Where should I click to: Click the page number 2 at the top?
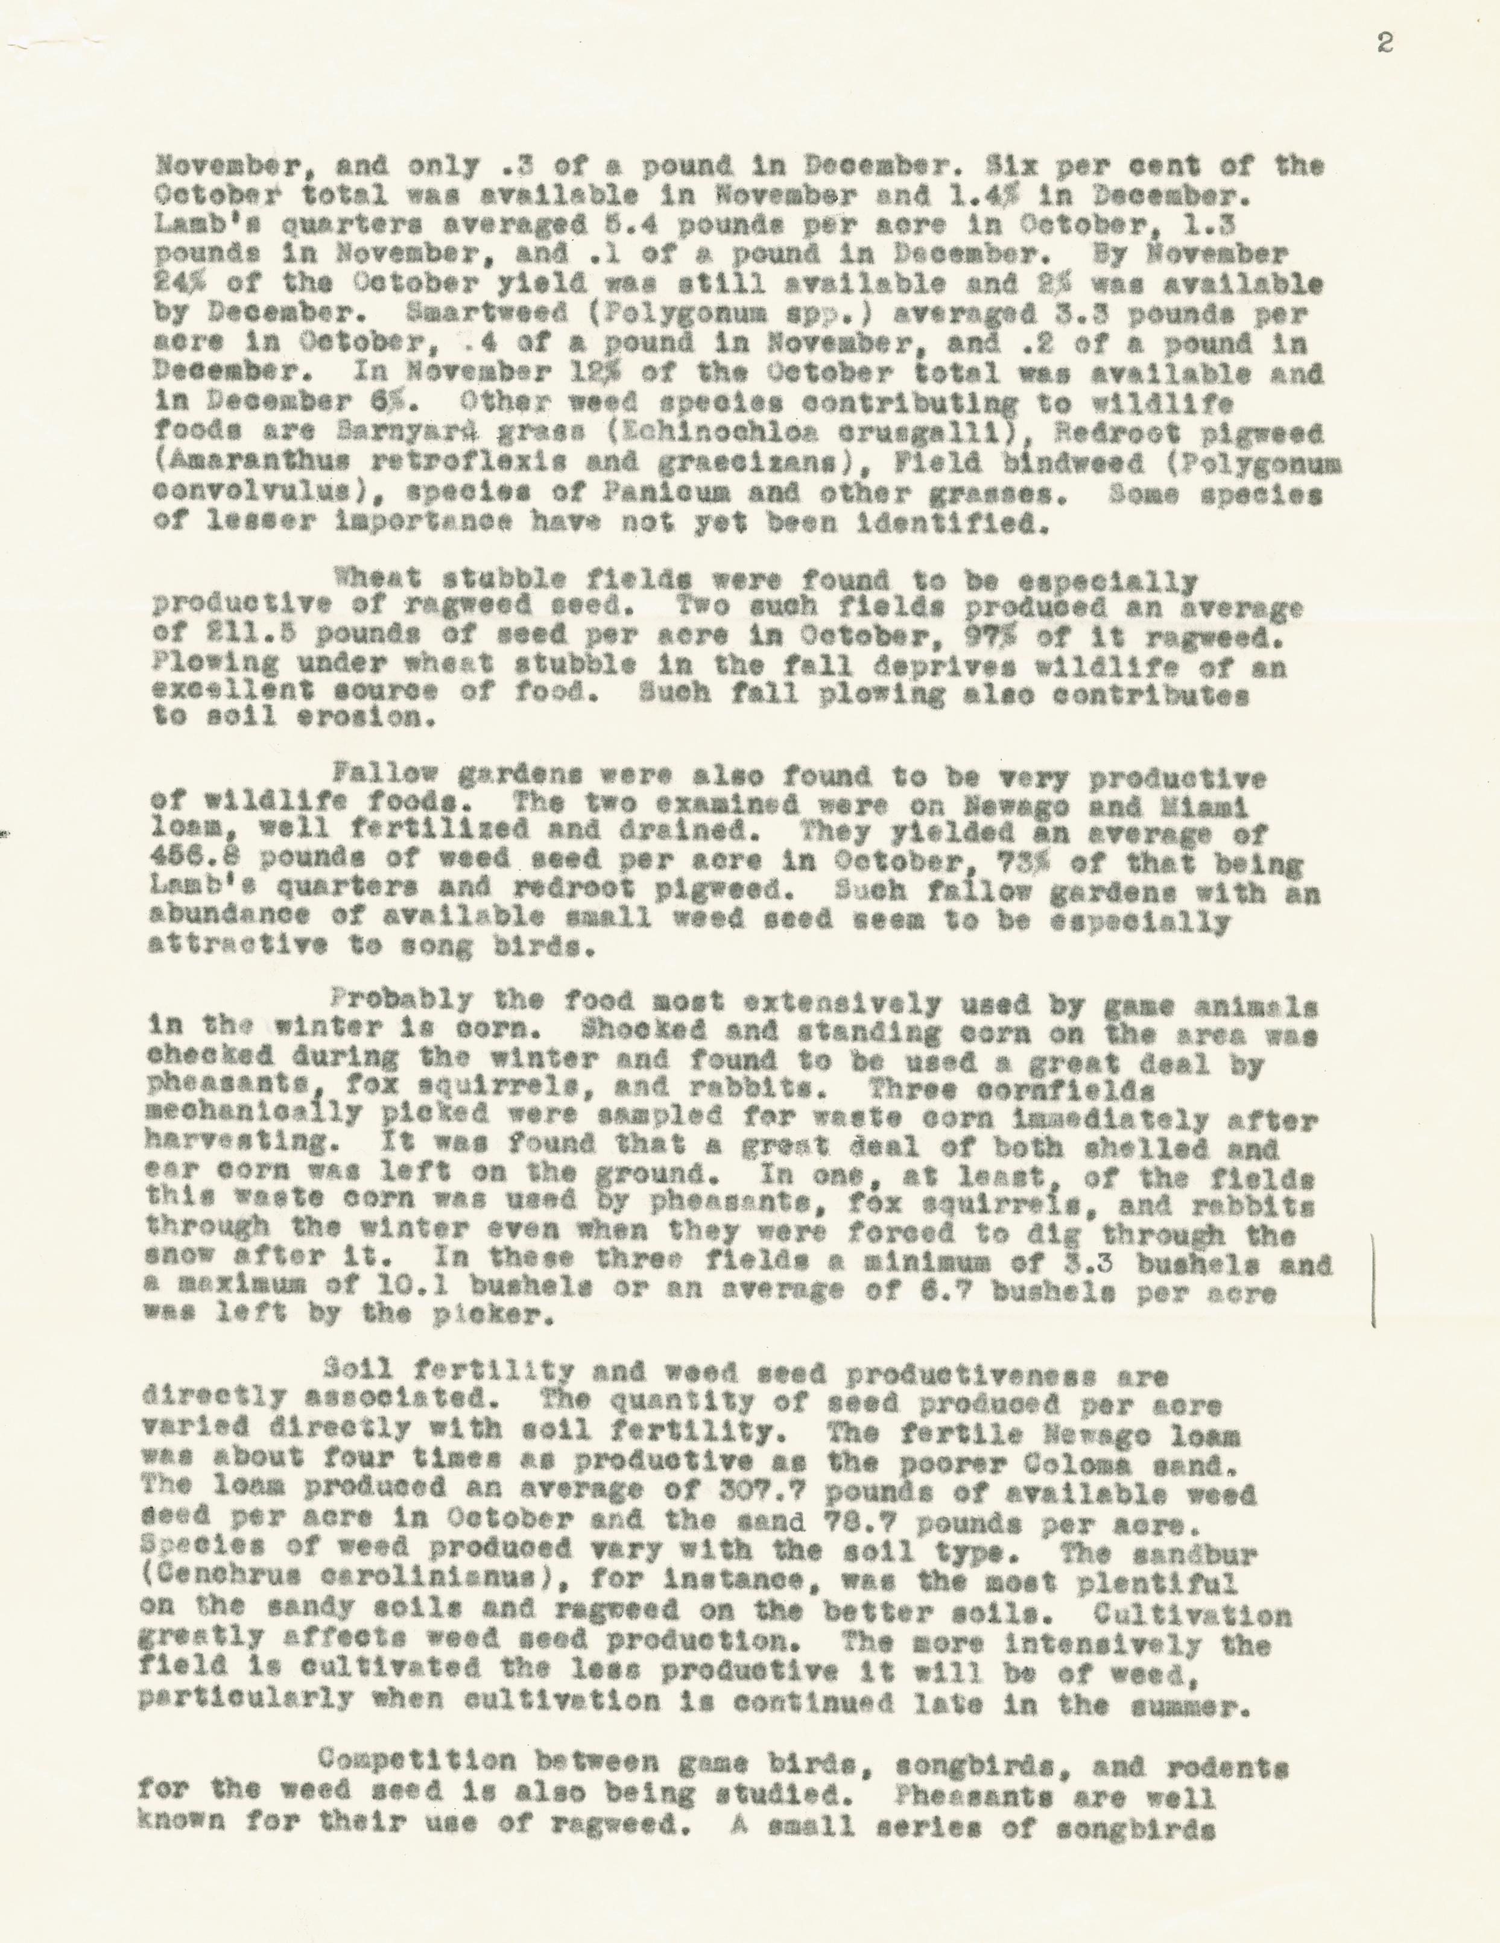pos(1384,43)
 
